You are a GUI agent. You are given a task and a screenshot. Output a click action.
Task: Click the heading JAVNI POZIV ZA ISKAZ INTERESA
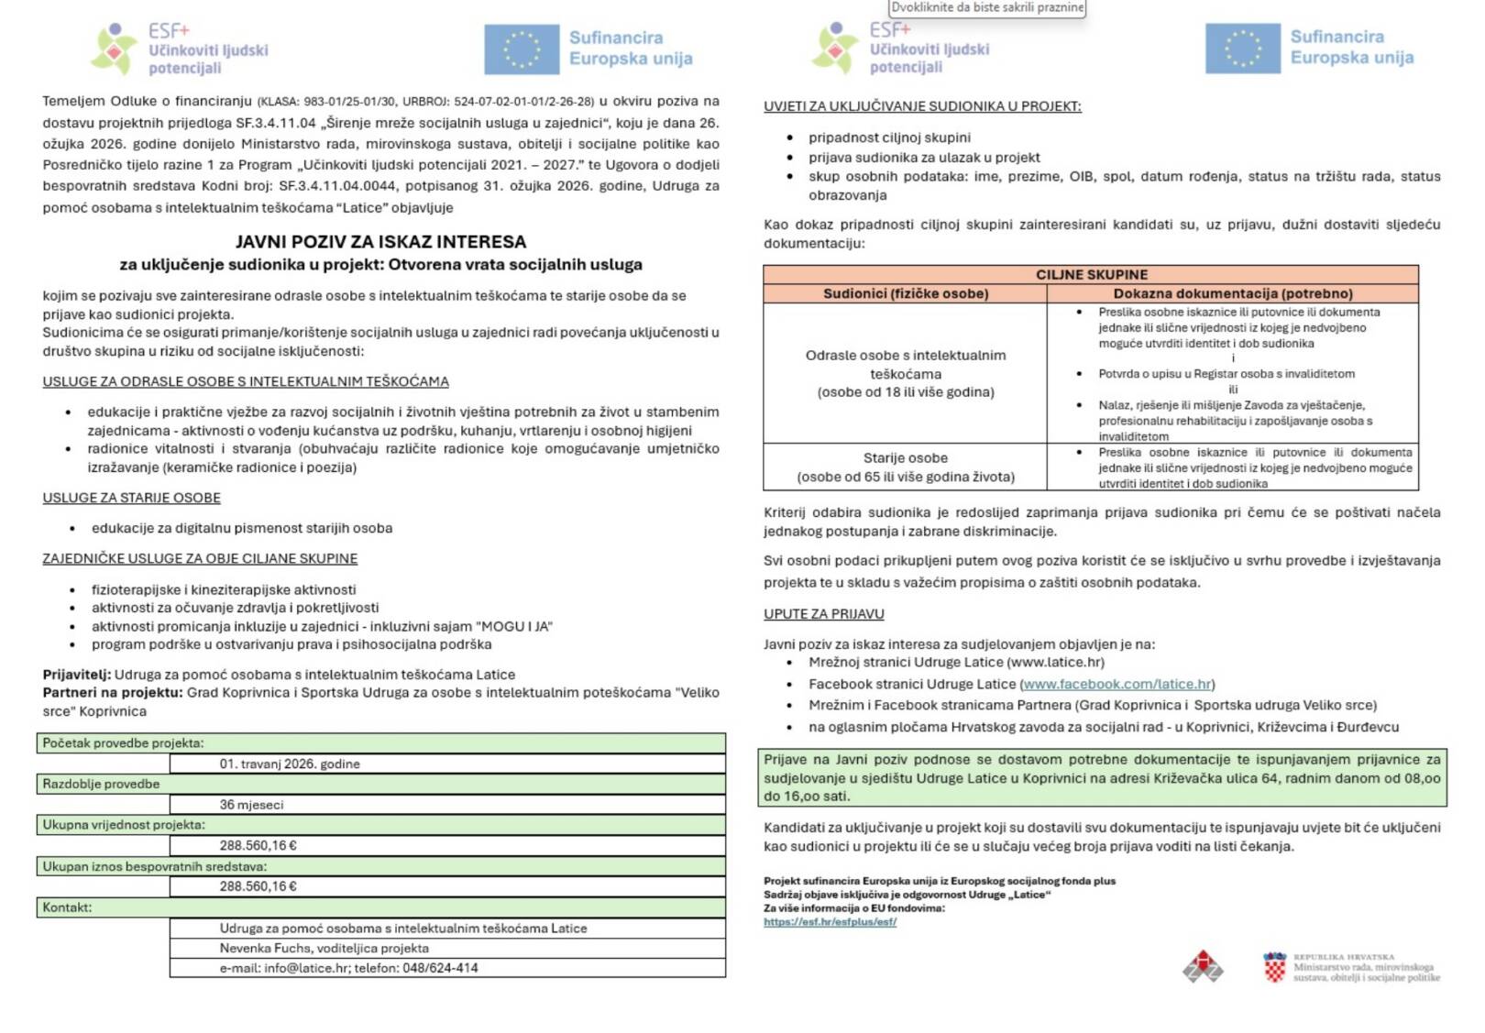click(x=380, y=242)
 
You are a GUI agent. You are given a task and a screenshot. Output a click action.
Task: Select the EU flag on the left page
click(x=521, y=49)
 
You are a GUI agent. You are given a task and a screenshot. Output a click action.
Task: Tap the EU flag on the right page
click(x=1242, y=49)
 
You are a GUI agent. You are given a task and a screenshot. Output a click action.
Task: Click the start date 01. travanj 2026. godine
click(x=290, y=764)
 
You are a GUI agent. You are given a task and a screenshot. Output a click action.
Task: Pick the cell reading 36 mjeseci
click(x=251, y=805)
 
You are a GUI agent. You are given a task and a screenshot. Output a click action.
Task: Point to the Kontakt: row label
click(x=67, y=907)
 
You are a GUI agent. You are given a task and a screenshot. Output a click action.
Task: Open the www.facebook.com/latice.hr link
click(x=1116, y=684)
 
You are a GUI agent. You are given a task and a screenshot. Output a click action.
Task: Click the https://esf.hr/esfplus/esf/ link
click(x=830, y=922)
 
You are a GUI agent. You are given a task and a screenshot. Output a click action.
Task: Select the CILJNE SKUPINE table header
click(x=1091, y=274)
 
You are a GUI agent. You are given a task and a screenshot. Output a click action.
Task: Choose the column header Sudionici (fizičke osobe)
click(x=905, y=293)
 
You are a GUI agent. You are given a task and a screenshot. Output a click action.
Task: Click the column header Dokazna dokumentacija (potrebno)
click(x=1232, y=293)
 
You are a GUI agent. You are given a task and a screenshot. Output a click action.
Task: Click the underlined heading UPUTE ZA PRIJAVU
click(x=823, y=614)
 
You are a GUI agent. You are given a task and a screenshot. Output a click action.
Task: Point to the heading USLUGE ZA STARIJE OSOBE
click(x=131, y=498)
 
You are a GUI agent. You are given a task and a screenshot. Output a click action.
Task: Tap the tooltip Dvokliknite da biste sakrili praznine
click(x=987, y=7)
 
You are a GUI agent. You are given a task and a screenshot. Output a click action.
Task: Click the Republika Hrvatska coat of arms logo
click(x=1274, y=967)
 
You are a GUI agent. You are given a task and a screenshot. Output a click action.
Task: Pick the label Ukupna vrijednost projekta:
click(x=124, y=825)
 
